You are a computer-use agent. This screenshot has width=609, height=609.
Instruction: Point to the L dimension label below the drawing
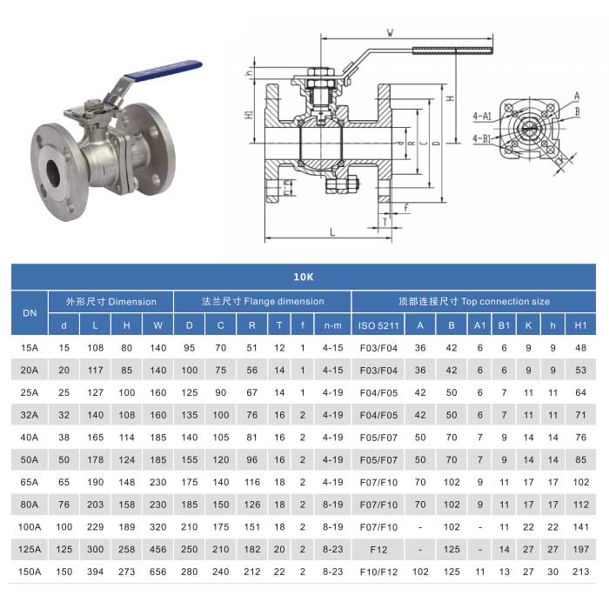(x=331, y=231)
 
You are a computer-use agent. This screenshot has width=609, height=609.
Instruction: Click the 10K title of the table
(x=303, y=278)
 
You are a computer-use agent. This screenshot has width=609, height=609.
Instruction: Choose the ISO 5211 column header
(x=378, y=325)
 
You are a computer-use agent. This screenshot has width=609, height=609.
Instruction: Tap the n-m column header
(x=332, y=325)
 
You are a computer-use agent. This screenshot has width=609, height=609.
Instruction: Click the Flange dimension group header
(x=262, y=301)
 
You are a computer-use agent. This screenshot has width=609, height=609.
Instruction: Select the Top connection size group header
(x=473, y=301)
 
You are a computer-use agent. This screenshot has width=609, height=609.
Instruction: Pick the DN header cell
(x=29, y=313)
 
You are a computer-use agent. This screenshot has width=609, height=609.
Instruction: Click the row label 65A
(x=30, y=480)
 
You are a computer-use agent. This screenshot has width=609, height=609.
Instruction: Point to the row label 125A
(x=30, y=549)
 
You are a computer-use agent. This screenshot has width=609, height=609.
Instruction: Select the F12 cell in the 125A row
(x=378, y=549)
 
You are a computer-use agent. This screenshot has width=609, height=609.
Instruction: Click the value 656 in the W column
(x=157, y=572)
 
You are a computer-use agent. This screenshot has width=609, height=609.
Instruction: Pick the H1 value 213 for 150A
(x=580, y=572)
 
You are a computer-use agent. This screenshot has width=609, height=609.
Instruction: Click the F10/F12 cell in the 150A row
(x=378, y=572)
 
